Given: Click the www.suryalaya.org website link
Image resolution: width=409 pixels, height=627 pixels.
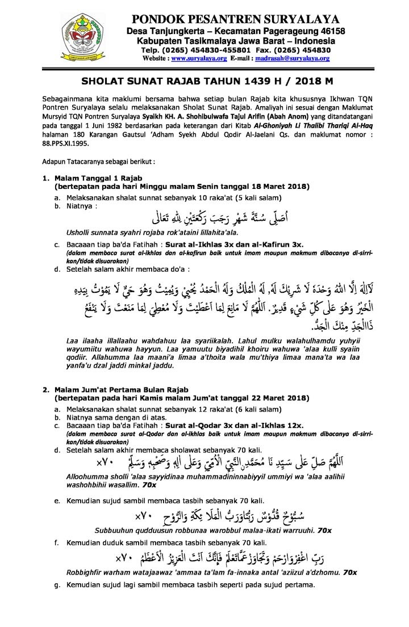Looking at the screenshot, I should pyautogui.click(x=194, y=58).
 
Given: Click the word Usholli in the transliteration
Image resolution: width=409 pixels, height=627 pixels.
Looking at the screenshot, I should pyautogui.click(x=81, y=233).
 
